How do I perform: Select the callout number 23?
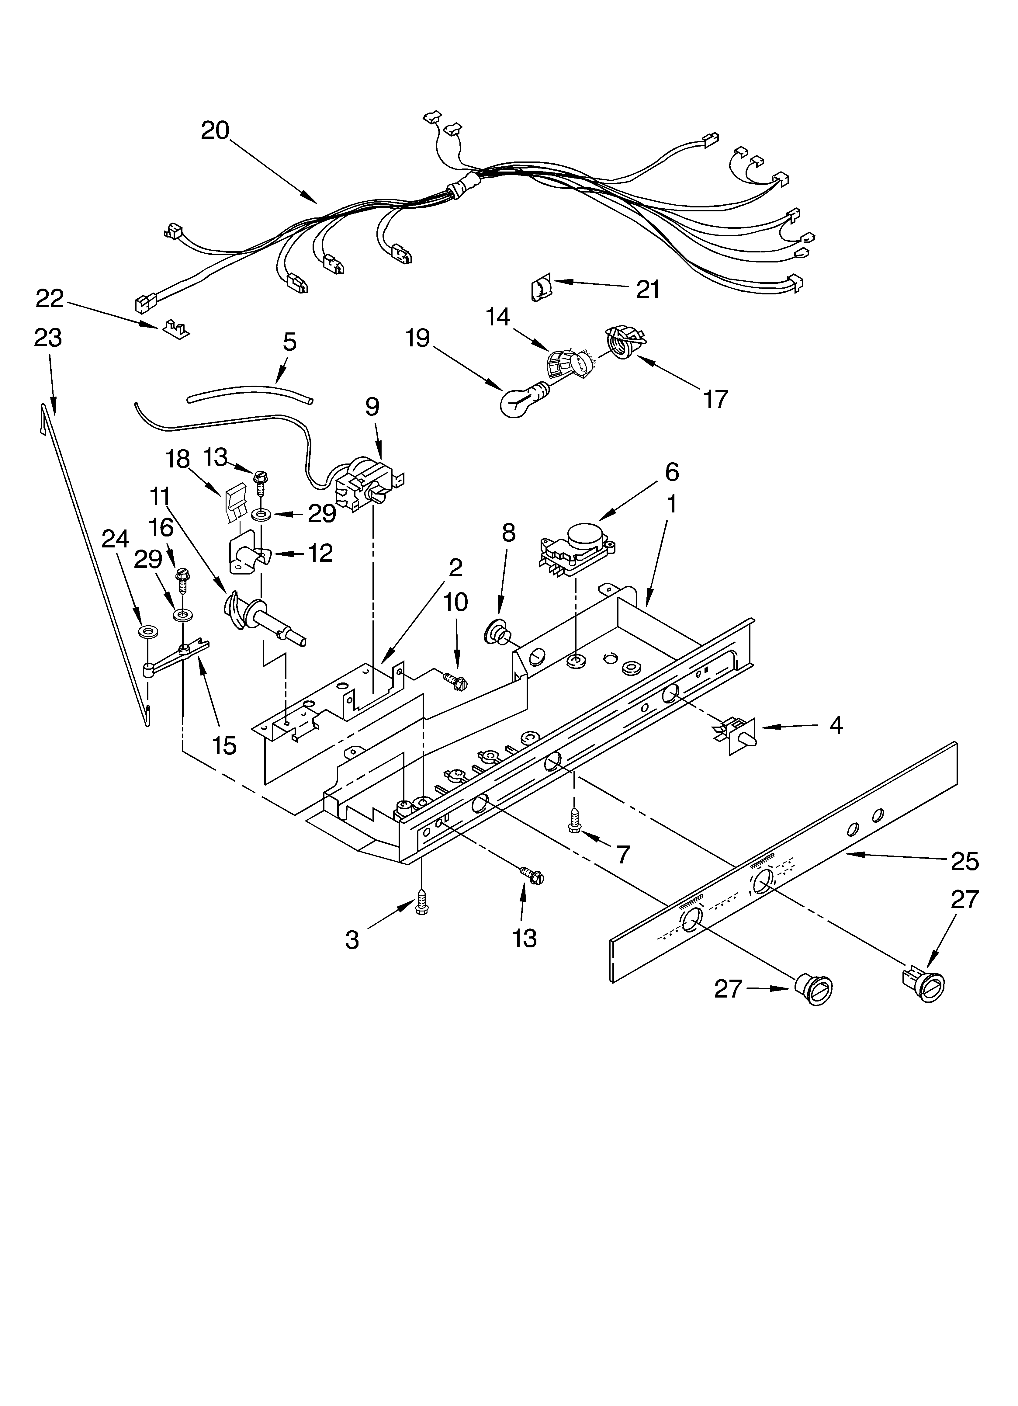pos(48,338)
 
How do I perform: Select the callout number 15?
pos(224,746)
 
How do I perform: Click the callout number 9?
pos(372,407)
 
